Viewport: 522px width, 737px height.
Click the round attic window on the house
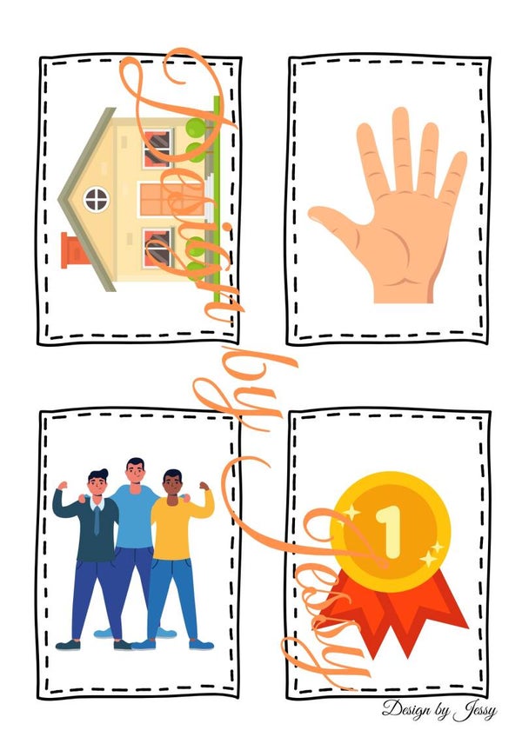coord(97,199)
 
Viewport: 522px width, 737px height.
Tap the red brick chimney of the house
coord(74,250)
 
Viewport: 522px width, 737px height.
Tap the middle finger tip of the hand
coord(400,114)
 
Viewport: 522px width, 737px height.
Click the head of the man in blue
coord(135,471)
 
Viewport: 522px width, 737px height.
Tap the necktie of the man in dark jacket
coord(97,521)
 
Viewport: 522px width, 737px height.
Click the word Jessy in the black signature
coord(475,711)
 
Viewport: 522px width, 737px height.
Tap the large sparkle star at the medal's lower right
coord(429,558)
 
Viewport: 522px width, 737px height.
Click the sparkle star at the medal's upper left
coord(351,512)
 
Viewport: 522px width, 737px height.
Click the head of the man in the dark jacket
coord(98,484)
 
